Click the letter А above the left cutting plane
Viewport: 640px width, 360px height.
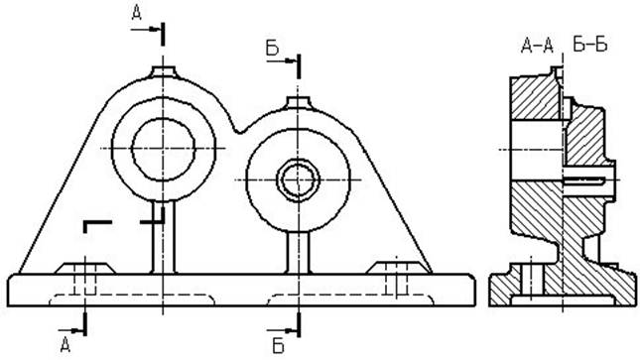coord(136,13)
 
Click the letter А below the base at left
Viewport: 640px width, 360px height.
coord(65,344)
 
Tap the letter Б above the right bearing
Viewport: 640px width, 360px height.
coord(272,49)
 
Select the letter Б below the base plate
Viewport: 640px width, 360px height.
coord(278,346)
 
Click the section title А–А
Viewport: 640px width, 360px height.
coord(537,46)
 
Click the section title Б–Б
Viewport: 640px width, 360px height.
coord(590,45)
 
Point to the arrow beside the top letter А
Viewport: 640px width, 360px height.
coord(145,29)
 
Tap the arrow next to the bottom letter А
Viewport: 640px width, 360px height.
coord(70,330)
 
